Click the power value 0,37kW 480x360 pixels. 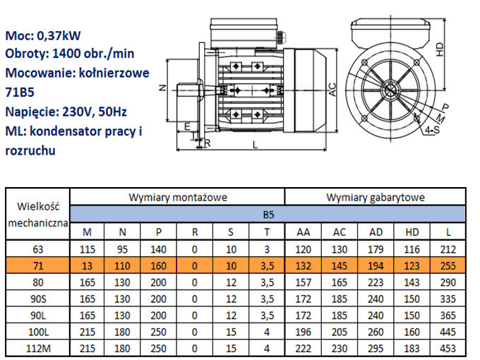[59, 35]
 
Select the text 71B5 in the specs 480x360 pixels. [20, 92]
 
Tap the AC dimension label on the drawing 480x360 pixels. [332, 90]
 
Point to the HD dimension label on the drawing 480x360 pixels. [440, 49]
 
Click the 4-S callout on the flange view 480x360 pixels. [432, 130]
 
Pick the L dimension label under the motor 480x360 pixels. [255, 145]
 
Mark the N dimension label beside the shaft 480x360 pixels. [162, 88]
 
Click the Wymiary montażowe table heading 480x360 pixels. [178, 198]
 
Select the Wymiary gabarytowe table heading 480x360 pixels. [376, 198]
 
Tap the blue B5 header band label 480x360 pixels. [268, 215]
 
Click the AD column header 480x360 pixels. [376, 232]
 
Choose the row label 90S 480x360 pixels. [38, 299]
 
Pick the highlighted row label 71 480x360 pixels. [38, 265]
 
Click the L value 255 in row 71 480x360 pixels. [448, 265]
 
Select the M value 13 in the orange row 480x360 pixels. [87, 265]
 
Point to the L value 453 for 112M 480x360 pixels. [448, 349]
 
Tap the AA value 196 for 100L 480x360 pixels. [303, 332]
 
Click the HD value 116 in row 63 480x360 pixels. [412, 249]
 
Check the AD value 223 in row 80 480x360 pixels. [376, 282]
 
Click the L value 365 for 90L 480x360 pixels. [448, 316]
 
